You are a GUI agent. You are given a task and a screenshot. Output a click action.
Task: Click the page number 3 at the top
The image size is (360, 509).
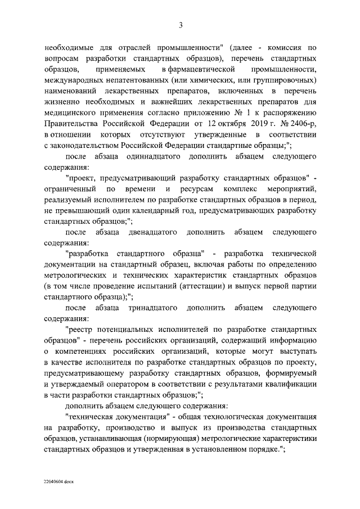point(181,24)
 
